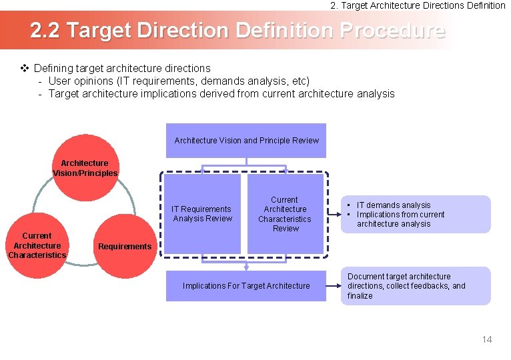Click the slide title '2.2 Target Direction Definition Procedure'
pos(237,31)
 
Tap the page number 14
pos(486,339)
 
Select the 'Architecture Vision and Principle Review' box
pos(246,141)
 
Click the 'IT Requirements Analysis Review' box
pos(202,213)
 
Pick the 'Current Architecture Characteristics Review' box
pos(285,214)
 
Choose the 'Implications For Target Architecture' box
pos(246,286)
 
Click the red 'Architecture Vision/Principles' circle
pos(85,168)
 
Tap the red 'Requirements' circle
pos(125,247)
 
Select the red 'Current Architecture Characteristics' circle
pos(37,245)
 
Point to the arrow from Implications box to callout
pos(334,286)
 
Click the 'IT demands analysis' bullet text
pos(394,205)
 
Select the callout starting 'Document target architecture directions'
pos(415,286)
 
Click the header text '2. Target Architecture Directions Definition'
pos(418,5)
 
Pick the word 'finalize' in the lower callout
pos(360,296)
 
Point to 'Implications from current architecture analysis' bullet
pos(400,219)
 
